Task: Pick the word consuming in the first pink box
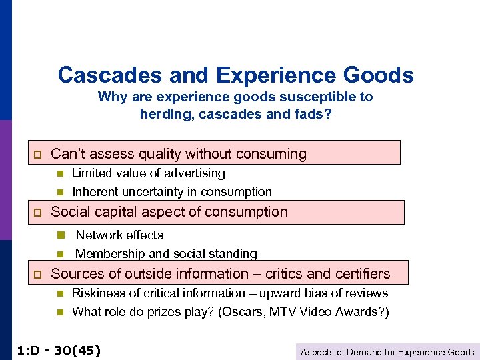pos(271,154)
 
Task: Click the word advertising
pos(195,173)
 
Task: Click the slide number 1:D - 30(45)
pos(58,350)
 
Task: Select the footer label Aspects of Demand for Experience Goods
pos(387,352)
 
